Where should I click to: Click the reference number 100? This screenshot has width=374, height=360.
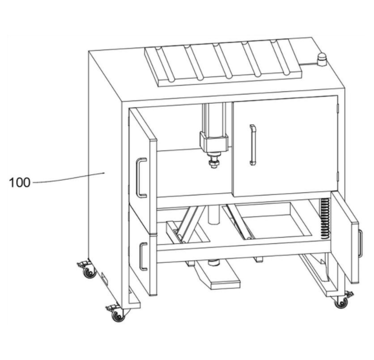pyautogui.click(x=20, y=183)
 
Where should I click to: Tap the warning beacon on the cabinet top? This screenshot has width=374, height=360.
pyautogui.click(x=322, y=59)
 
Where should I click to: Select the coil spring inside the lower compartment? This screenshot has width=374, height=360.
pyautogui.click(x=325, y=218)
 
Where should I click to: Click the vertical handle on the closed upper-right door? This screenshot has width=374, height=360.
pyautogui.click(x=253, y=145)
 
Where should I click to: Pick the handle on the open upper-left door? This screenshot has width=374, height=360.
pyautogui.click(x=141, y=177)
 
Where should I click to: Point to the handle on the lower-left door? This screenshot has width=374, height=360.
pyautogui.click(x=143, y=257)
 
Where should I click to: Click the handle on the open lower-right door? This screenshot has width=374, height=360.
pyautogui.click(x=361, y=244)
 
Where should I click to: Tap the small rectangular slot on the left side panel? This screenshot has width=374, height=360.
pyautogui.click(x=104, y=278)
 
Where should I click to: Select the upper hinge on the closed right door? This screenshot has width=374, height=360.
pyautogui.click(x=337, y=108)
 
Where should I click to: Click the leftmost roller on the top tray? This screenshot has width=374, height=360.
pyautogui.click(x=165, y=65)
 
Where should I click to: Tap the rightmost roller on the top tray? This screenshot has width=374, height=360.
pyautogui.click(x=280, y=57)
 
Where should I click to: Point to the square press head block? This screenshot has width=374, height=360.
pyautogui.click(x=214, y=143)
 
